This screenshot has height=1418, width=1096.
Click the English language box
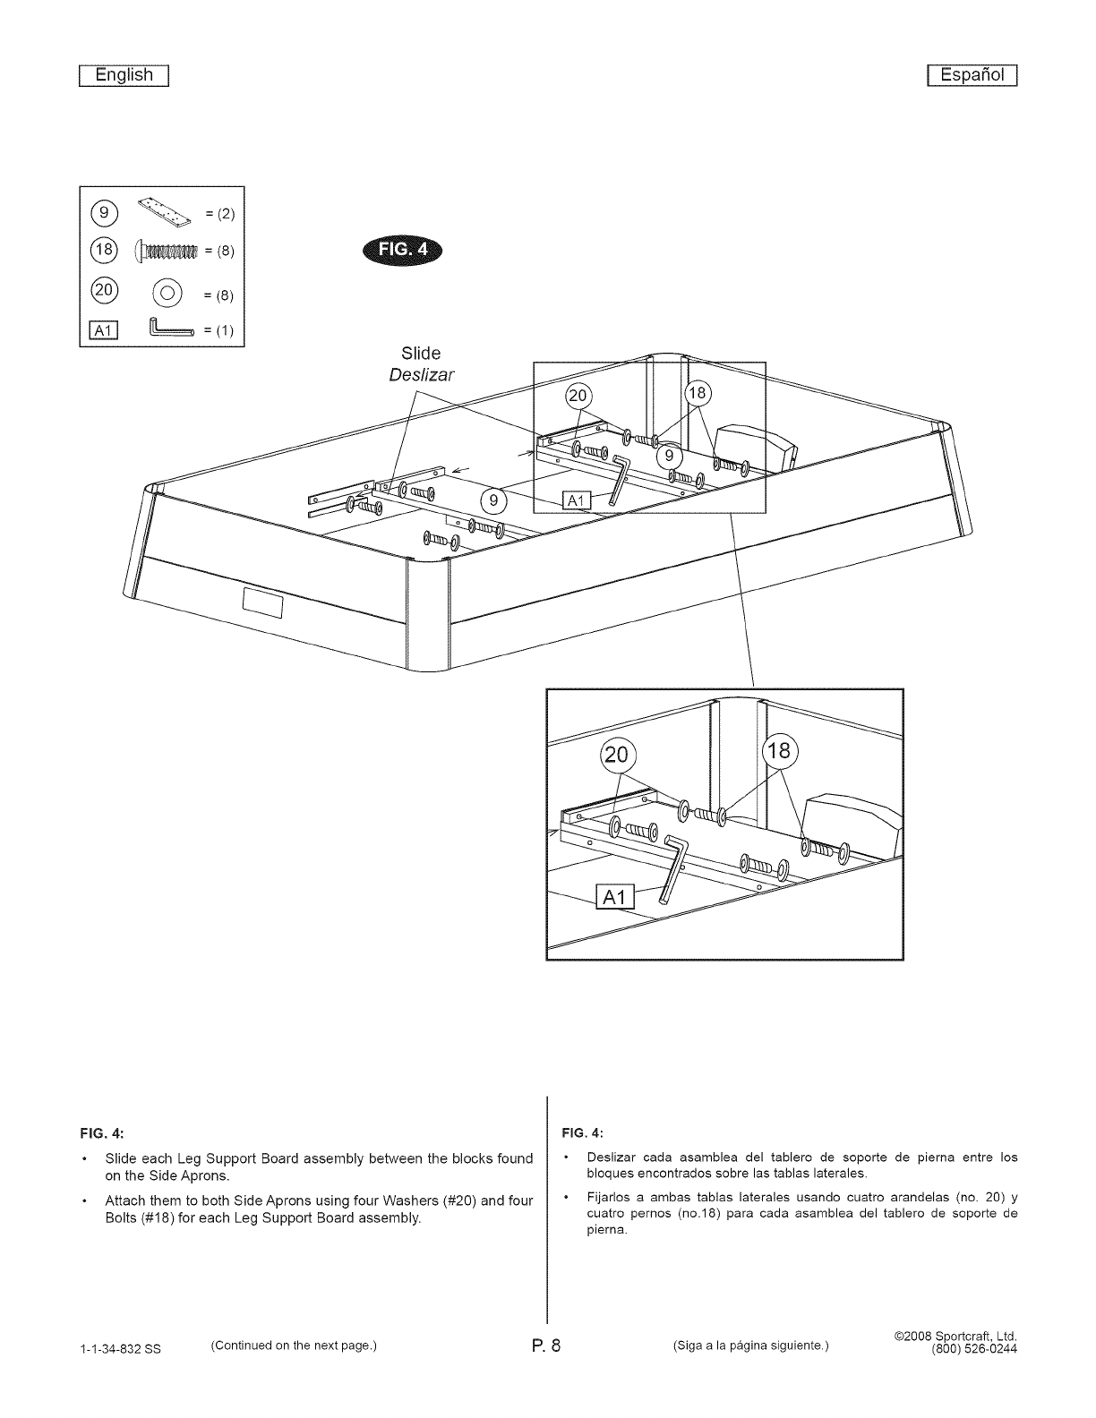coord(124,75)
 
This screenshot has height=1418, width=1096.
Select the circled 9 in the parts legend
coord(105,212)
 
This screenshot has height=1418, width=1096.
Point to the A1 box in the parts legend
coord(102,330)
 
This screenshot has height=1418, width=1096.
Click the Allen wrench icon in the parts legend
coord(171,329)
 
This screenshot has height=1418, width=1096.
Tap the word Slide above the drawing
coord(421,354)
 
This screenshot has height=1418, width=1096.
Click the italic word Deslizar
coord(422,374)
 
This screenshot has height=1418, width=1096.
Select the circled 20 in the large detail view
coord(616,755)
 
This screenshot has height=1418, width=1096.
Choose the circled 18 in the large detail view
coord(779,750)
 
